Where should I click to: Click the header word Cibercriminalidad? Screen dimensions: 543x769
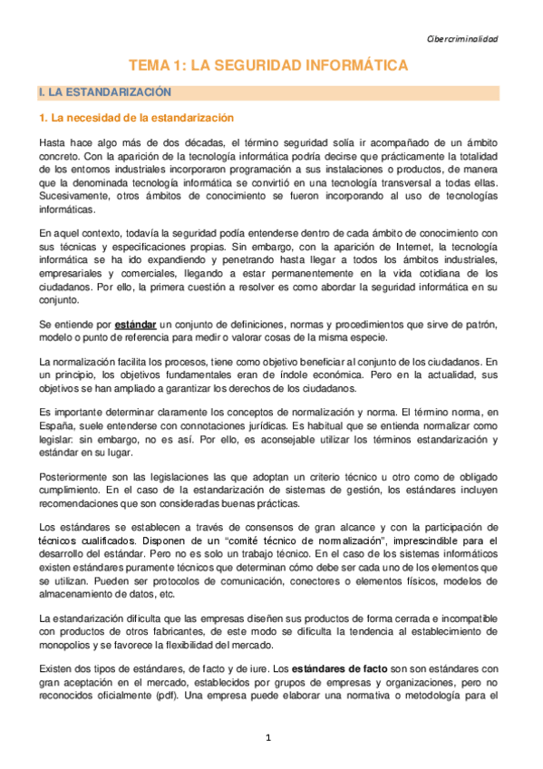point(461,39)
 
